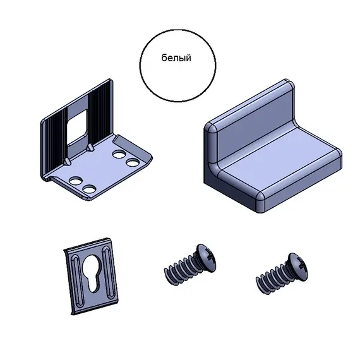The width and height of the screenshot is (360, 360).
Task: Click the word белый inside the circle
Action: coord(176,58)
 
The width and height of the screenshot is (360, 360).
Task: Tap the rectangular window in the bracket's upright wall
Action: coord(77,127)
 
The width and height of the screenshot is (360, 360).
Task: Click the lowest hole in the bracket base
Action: coord(90,189)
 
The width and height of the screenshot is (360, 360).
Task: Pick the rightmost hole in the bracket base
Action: coord(133,163)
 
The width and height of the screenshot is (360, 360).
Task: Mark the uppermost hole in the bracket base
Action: coord(119,154)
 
